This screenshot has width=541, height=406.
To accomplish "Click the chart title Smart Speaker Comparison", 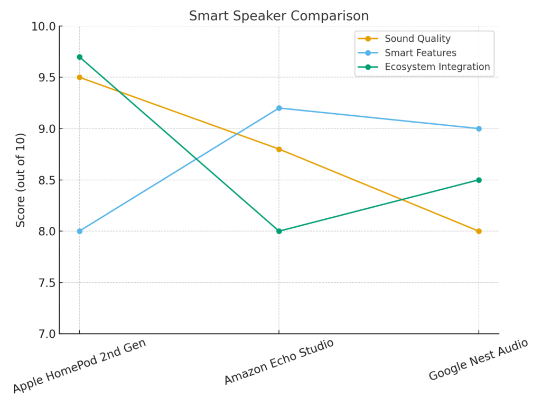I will pyautogui.click(x=279, y=16).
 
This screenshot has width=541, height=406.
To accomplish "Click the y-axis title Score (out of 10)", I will pyautogui.click(x=21, y=180).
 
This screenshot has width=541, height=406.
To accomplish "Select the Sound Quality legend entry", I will pyautogui.click(x=417, y=39).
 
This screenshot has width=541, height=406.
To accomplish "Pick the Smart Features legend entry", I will pyautogui.click(x=420, y=53).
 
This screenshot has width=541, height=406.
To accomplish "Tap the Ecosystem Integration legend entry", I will pyautogui.click(x=437, y=67).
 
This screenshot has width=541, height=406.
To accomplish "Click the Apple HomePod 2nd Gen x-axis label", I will pyautogui.click(x=79, y=366).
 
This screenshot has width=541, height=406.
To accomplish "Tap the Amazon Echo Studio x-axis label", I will pyautogui.click(x=279, y=362).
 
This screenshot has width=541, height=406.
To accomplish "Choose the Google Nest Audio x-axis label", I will pyautogui.click(x=478, y=359).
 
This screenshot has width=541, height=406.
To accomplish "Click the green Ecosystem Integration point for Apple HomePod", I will pyautogui.click(x=79, y=57).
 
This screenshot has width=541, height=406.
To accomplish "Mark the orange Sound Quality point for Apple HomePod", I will pyautogui.click(x=79, y=77).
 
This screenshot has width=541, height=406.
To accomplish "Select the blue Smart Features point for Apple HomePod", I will pyautogui.click(x=79, y=231).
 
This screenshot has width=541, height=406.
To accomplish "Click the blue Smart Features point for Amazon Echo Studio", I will pyautogui.click(x=279, y=108).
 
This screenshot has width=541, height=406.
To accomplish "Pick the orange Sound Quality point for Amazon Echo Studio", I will pyautogui.click(x=279, y=149).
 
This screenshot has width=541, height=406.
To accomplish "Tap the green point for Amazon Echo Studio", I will pyautogui.click(x=279, y=231).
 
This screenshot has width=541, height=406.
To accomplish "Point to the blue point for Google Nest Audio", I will pyautogui.click(x=479, y=128).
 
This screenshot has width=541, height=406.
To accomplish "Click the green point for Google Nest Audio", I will pyautogui.click(x=479, y=180).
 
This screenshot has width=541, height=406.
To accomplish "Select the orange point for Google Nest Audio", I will pyautogui.click(x=479, y=231).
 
